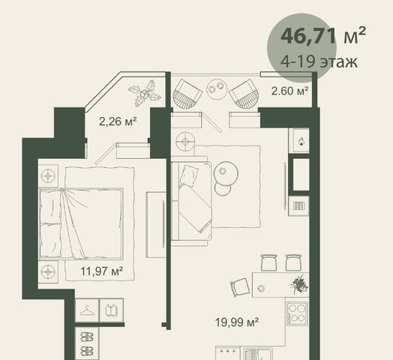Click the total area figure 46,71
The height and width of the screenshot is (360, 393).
[308, 37]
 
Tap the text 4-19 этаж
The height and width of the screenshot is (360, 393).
[319, 61]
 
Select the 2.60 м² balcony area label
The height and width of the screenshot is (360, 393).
[289, 91]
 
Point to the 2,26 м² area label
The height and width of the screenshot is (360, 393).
[118, 121]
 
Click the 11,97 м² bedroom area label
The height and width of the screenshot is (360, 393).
[101, 271]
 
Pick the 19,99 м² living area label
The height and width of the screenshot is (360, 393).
[237, 322]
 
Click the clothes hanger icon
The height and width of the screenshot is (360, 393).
[87, 310]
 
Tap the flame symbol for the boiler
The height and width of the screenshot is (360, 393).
[301, 142]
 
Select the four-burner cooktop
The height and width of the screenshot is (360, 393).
[297, 313]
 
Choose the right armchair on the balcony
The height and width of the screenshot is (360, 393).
[244, 94]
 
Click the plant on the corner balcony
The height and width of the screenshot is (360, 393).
[145, 93]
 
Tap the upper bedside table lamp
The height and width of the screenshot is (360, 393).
[48, 175]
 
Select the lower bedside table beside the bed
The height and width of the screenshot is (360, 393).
[48, 271]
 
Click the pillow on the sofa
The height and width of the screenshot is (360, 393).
[188, 176]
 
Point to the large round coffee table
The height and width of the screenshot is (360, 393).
[226, 173]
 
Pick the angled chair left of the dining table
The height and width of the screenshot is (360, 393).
[240, 288]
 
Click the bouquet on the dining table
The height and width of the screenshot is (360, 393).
[299, 283]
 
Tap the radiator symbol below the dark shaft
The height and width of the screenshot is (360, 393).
[298, 206]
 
